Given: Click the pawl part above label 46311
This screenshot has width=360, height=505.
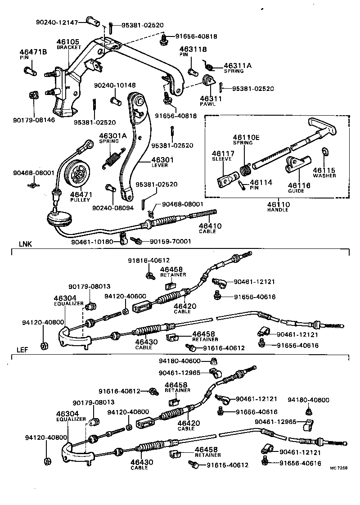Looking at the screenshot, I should [x=208, y=81].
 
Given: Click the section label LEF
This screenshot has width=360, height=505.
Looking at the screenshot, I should [x=24, y=349].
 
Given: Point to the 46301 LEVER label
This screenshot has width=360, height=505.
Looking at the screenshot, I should [x=162, y=162].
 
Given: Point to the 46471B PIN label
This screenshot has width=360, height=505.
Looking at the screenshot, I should [x=33, y=55].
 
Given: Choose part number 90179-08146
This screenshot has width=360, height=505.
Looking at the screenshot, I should [x=34, y=121].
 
